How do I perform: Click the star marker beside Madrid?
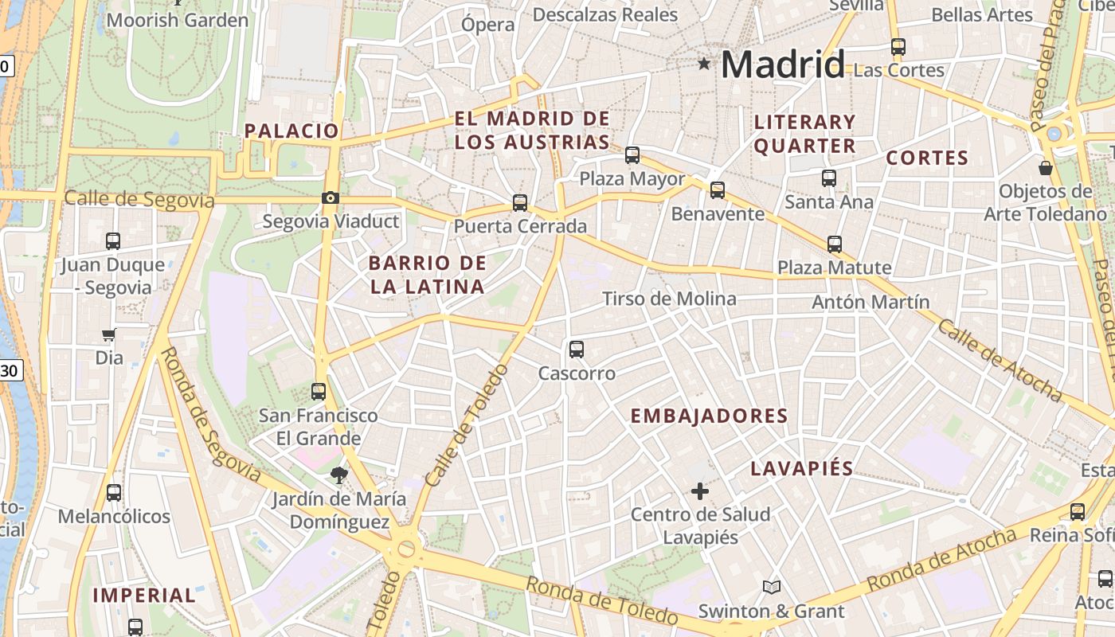click(x=704, y=63)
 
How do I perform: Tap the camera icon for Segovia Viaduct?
click(x=330, y=197)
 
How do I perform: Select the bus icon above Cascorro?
click(x=577, y=349)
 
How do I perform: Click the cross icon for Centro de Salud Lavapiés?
click(x=700, y=491)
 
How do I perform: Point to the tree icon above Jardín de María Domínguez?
click(x=339, y=475)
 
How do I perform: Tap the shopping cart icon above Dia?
click(x=109, y=334)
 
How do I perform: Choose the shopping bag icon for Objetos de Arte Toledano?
click(x=1046, y=168)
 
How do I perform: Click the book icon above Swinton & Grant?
click(x=771, y=588)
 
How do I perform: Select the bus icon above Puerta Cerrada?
click(x=520, y=202)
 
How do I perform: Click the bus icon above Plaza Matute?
click(x=835, y=244)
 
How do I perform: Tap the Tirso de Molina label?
click(x=669, y=299)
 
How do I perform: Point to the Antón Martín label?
click(x=870, y=302)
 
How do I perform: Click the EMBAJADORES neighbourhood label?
click(x=709, y=416)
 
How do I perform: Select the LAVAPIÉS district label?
click(x=802, y=468)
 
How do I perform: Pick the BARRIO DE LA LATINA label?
click(x=428, y=275)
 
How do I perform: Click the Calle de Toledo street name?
click(x=466, y=427)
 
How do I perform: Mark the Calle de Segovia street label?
click(x=139, y=199)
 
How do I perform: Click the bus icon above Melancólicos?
click(x=114, y=493)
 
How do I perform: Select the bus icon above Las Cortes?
click(x=898, y=47)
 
